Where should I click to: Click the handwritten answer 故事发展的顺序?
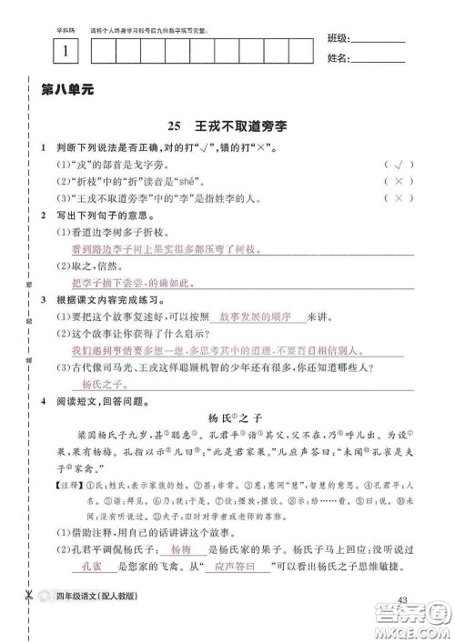pos(254,316)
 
